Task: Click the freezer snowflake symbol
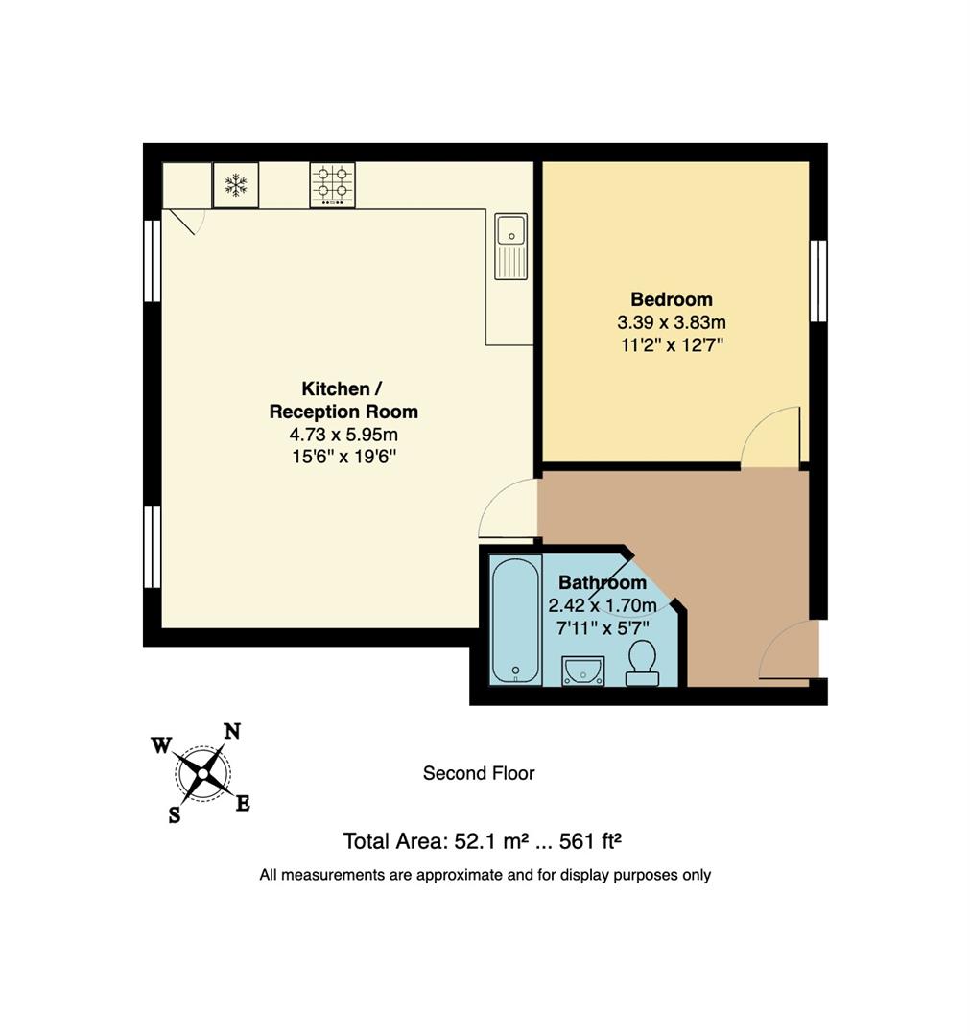click(x=236, y=185)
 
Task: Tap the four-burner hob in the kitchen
click(x=332, y=184)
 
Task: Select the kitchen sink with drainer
click(x=510, y=246)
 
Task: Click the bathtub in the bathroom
click(x=515, y=620)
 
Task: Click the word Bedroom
click(x=672, y=298)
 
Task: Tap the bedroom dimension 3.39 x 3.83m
click(x=672, y=322)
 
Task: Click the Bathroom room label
click(x=602, y=582)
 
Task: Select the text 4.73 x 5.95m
click(x=343, y=435)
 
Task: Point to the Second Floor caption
click(x=479, y=773)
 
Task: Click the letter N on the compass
click(x=231, y=732)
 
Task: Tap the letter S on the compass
click(x=175, y=815)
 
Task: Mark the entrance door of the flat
click(x=791, y=652)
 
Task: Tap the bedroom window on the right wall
click(x=817, y=280)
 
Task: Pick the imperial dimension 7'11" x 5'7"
click(x=602, y=627)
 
